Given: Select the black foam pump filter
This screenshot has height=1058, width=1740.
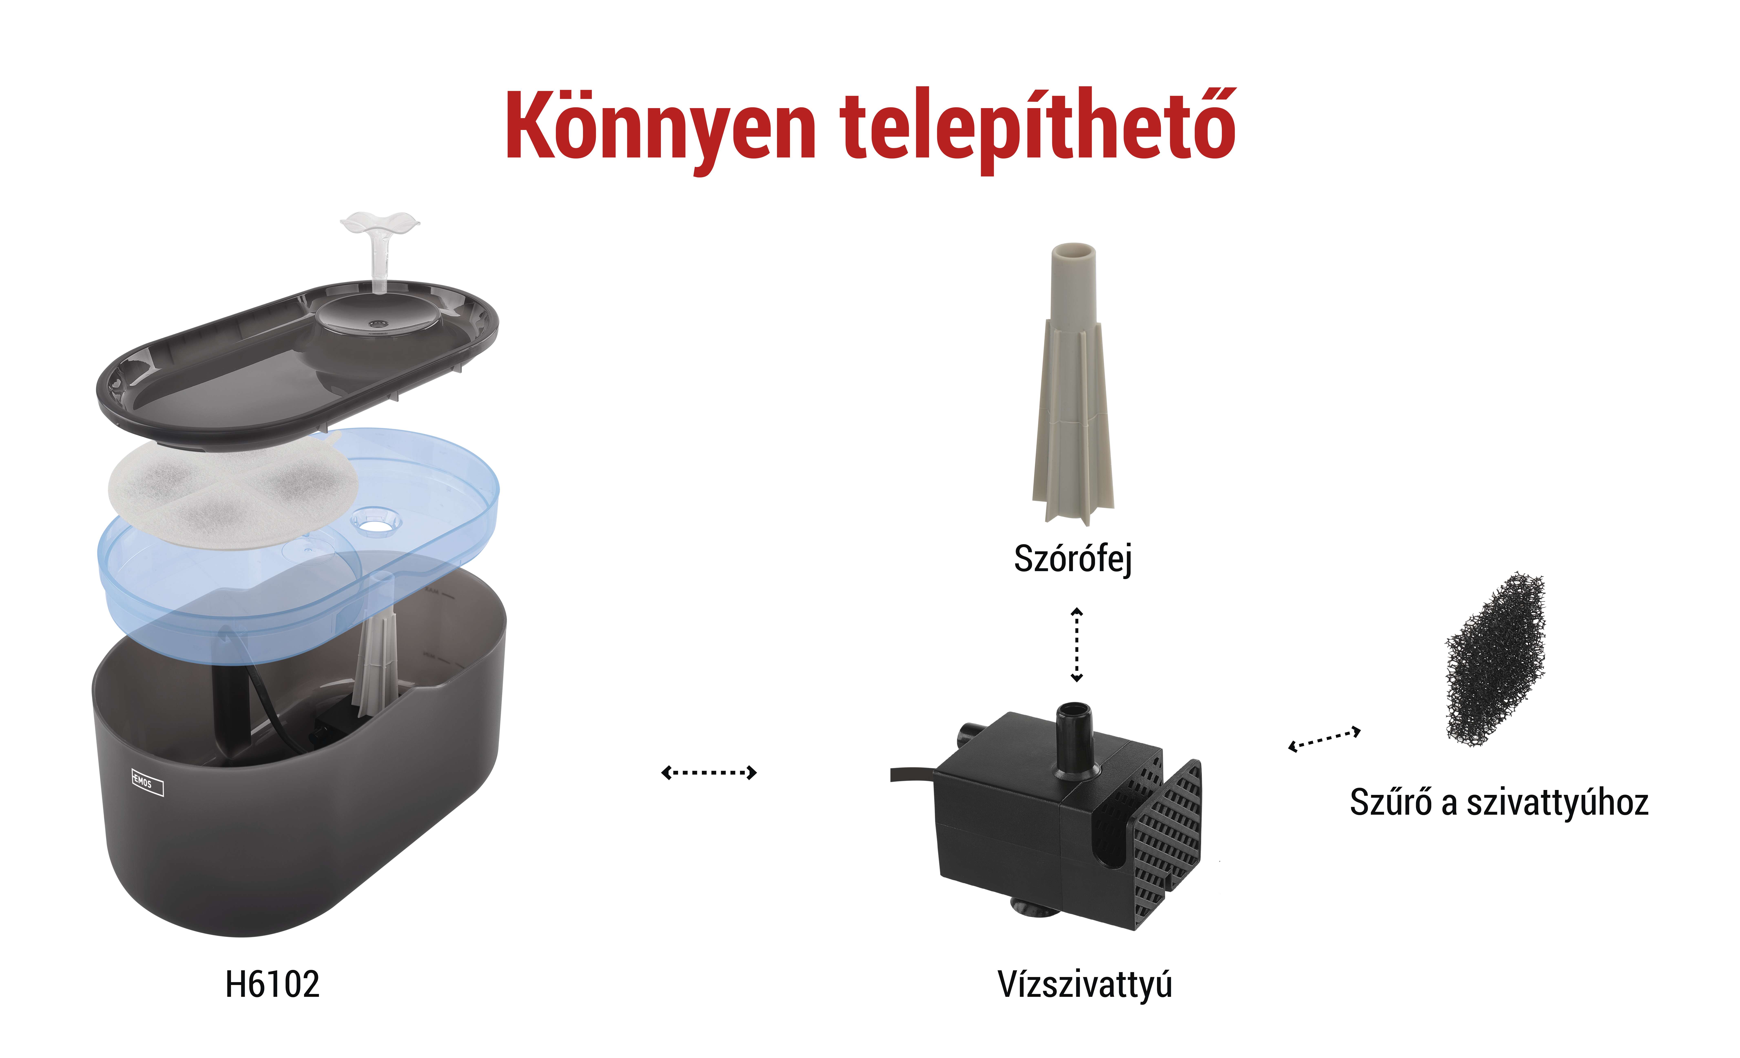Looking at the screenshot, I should pyautogui.click(x=1496, y=658).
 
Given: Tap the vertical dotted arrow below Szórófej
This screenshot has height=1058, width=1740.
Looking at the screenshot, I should pyautogui.click(x=1077, y=644).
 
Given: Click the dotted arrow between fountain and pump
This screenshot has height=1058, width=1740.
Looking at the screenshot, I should pyautogui.click(x=708, y=773).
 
